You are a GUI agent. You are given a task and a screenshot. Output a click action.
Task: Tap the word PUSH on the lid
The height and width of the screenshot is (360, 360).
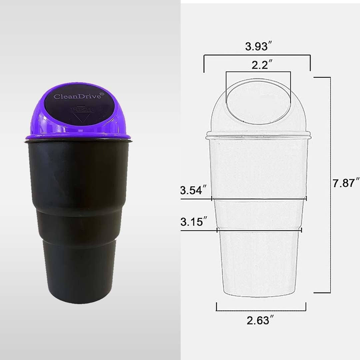(x=82, y=109)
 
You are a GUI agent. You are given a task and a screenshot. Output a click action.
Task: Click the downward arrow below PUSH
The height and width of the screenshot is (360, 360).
(x=82, y=117)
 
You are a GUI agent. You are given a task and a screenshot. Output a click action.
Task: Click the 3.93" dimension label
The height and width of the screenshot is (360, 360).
(x=257, y=47)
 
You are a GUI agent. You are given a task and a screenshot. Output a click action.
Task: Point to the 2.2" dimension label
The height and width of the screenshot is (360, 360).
(x=258, y=65)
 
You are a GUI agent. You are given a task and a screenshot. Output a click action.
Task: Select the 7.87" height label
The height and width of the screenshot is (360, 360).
(x=346, y=183)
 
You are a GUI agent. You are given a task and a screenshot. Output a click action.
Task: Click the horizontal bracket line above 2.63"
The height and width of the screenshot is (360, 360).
(x=261, y=310)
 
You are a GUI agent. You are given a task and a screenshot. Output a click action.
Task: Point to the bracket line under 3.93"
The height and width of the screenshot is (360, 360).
(x=257, y=56)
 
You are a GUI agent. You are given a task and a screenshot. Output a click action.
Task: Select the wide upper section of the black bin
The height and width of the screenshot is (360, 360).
(x=78, y=173)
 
